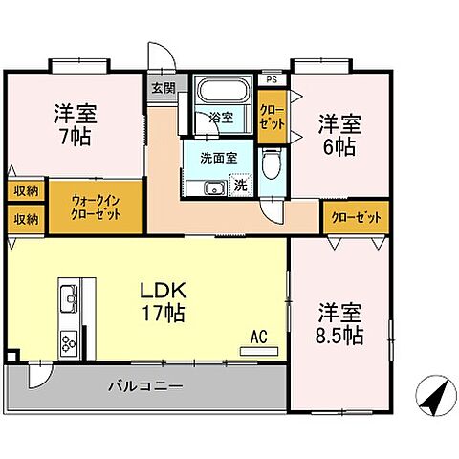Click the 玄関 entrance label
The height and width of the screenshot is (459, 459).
(163, 88)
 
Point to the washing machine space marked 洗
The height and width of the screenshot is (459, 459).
(240, 186)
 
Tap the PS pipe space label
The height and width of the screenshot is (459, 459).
(272, 79)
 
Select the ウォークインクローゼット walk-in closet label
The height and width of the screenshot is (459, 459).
(96, 206)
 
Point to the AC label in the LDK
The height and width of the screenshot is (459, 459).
(258, 336)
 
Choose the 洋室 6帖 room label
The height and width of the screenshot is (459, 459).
(339, 134)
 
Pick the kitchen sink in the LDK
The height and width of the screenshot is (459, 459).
(70, 299)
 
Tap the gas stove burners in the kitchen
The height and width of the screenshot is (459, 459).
(70, 340)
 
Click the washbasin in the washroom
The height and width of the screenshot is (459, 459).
(212, 186)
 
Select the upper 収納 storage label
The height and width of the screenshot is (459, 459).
(26, 191)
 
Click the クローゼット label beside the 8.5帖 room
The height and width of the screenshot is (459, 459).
(356, 218)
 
